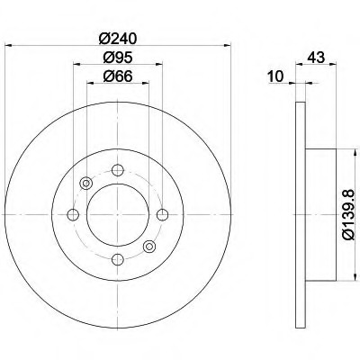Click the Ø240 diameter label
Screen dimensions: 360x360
tap(118, 39)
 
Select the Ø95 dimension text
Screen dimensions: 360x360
tap(118, 58)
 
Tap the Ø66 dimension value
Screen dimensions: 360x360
tap(118, 76)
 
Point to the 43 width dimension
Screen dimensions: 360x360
tap(316, 57)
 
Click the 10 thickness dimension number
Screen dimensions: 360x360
tap(276, 76)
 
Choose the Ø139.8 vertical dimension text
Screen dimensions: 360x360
tap(349, 215)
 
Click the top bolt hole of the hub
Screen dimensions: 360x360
tap(118, 170)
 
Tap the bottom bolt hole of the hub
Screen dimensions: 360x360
tap(118, 259)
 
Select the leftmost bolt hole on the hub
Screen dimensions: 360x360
tap(73, 215)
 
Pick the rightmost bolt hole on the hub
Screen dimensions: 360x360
tap(163, 215)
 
